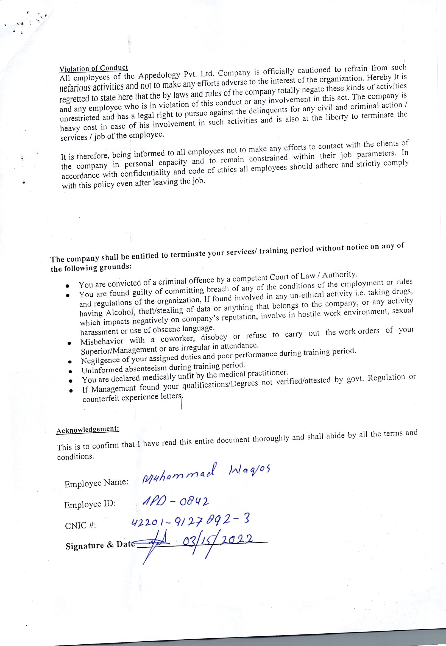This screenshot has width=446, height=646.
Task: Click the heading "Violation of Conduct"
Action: click(x=94, y=68)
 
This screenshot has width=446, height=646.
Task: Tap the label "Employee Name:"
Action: click(x=96, y=483)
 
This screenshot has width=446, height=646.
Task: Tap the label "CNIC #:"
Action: click(x=80, y=526)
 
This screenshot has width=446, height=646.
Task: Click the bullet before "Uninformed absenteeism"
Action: click(x=71, y=371)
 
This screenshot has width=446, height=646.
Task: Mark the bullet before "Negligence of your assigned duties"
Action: click(x=70, y=361)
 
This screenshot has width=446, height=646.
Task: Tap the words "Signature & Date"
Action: click(x=100, y=546)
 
